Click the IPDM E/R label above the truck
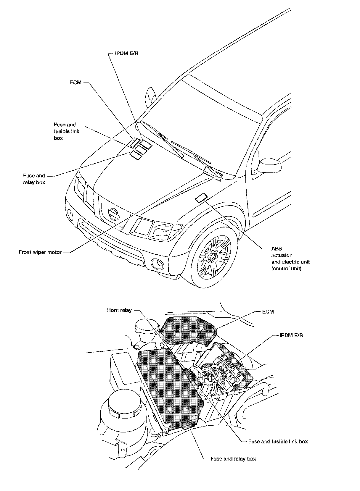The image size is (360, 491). pyautogui.click(x=127, y=53)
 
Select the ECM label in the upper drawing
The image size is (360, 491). pyautogui.click(x=75, y=83)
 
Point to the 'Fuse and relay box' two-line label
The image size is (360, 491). pyautogui.click(x=34, y=179)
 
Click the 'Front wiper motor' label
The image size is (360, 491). pyautogui.click(x=40, y=252)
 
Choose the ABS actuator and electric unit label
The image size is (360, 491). pyautogui.click(x=290, y=259)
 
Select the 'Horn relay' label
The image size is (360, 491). pyautogui.click(x=119, y=310)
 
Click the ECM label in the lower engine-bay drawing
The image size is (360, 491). pyautogui.click(x=268, y=312)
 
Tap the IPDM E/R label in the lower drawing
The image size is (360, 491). pyautogui.click(x=291, y=335)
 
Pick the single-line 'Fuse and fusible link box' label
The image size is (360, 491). pyautogui.click(x=278, y=442)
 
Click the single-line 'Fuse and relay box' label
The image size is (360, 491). pyautogui.click(x=233, y=459)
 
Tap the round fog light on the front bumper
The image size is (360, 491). pyautogui.click(x=157, y=264)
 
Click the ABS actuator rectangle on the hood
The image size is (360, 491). pyautogui.click(x=202, y=198)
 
